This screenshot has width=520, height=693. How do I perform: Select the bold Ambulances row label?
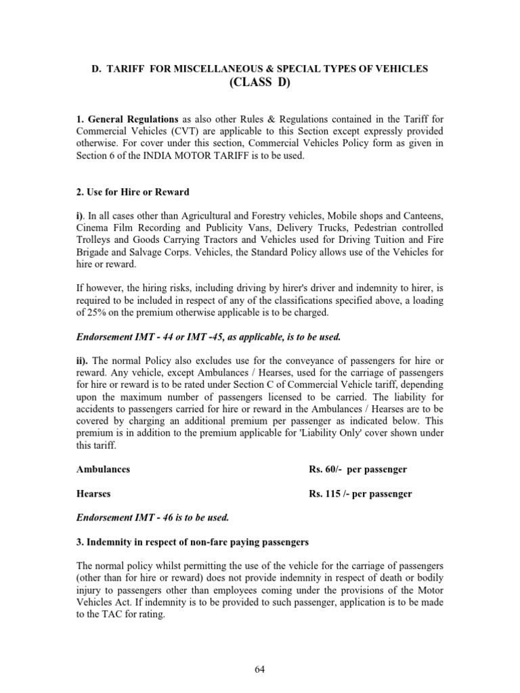[x=103, y=469]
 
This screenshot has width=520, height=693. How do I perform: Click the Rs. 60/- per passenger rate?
[x=357, y=469]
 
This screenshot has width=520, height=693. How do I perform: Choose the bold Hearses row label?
[x=93, y=493]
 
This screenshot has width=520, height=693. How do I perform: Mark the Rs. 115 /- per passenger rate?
[x=360, y=493]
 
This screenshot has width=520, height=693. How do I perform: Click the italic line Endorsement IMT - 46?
[x=152, y=518]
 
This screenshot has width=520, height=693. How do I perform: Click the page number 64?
[x=260, y=669]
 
